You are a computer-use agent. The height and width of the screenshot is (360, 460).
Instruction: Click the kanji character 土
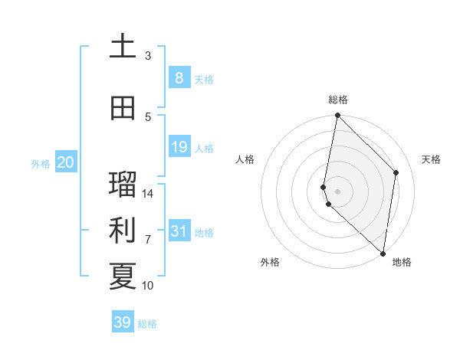(123, 46)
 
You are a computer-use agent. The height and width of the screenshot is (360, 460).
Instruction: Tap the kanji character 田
(123, 108)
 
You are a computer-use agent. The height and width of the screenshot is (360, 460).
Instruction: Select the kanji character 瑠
(123, 185)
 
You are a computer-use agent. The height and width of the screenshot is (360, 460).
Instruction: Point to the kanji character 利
(123, 231)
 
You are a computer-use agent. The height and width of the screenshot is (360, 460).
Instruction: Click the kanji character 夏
(123, 277)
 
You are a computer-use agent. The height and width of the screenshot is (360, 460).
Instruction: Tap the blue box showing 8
(179, 77)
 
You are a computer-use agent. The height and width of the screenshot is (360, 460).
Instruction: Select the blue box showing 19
(179, 147)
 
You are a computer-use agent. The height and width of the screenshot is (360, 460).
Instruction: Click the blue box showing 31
(179, 231)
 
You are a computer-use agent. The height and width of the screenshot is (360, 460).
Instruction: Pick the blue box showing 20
(65, 162)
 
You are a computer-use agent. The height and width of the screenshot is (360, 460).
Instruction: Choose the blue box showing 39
(123, 322)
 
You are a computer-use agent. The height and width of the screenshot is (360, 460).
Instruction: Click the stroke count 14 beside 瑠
(148, 194)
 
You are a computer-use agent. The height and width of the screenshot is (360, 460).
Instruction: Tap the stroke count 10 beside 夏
(148, 286)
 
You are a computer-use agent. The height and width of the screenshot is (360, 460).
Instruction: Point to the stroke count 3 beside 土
(148, 56)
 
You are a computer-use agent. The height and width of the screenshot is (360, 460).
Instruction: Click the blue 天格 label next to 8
(204, 79)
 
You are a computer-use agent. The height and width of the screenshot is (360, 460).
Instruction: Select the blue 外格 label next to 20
(41, 163)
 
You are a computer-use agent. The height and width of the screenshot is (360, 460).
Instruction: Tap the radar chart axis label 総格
(338, 100)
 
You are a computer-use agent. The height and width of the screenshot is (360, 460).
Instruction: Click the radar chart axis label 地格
(402, 262)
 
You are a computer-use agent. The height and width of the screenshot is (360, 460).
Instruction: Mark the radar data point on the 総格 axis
(337, 116)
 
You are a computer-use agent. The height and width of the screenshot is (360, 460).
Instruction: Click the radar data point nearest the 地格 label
(383, 254)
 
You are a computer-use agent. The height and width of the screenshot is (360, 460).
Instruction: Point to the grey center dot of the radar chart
(337, 191)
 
